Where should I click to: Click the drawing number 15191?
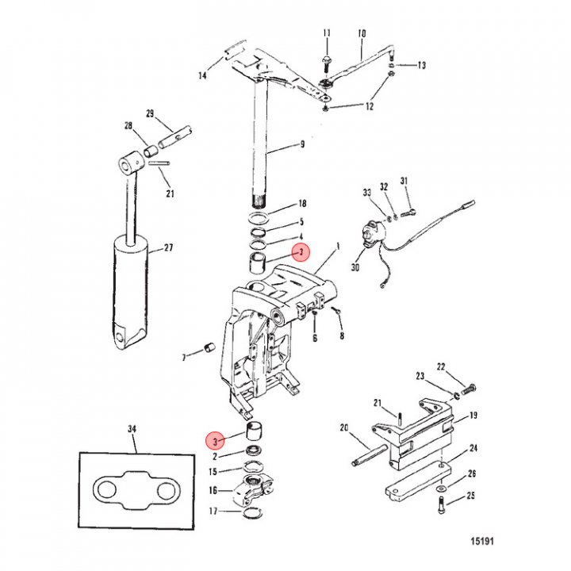click(482, 541)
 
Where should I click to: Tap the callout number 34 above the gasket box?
click(132, 429)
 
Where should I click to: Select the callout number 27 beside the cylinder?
click(168, 248)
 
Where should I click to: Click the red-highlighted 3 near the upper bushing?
click(301, 252)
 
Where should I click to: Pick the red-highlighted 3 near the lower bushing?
click(215, 442)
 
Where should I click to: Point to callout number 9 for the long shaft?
click(302, 144)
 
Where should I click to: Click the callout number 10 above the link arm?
click(362, 34)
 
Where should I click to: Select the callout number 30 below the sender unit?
click(355, 267)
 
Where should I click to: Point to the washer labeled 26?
click(442, 488)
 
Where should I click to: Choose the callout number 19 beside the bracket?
click(473, 415)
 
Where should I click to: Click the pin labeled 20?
click(369, 455)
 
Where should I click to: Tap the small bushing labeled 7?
click(209, 347)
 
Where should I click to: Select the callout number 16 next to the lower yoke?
click(213, 490)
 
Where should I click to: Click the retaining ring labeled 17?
click(252, 513)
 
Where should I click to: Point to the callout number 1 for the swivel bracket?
click(339, 247)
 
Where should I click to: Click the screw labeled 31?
click(408, 213)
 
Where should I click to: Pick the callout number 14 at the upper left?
click(202, 75)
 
